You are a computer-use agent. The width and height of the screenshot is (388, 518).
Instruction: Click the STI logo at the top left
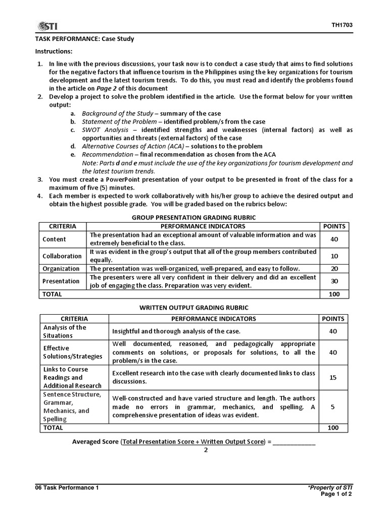click(x=47, y=26)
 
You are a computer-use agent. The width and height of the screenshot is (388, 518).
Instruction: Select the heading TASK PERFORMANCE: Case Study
click(x=84, y=39)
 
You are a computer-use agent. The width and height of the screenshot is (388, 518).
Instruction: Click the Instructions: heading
click(x=54, y=52)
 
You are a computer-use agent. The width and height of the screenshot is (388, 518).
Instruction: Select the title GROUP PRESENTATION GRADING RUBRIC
click(x=193, y=217)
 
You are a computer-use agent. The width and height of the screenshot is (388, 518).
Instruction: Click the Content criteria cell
click(x=54, y=239)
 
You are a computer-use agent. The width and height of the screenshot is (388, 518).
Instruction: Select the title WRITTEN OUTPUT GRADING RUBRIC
click(x=193, y=308)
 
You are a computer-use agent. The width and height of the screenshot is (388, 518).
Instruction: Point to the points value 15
click(x=333, y=377)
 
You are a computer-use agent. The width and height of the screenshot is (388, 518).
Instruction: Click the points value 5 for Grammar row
click(x=333, y=407)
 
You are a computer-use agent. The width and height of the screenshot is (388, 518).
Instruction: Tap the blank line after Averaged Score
click(x=295, y=442)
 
